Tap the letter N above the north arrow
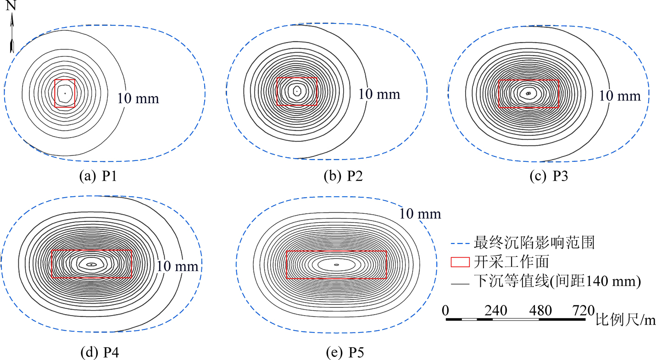(12, 6)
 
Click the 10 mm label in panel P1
(138, 98)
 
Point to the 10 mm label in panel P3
(620, 95)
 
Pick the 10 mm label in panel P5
(420, 214)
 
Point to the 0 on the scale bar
(445, 310)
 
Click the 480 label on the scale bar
(540, 310)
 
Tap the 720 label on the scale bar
(583, 310)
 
